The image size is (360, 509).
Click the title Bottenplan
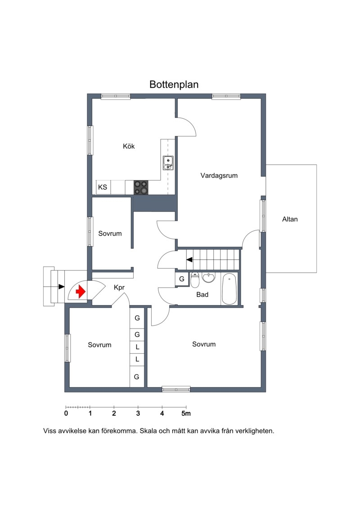click(174, 85)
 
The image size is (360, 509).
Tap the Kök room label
click(129, 146)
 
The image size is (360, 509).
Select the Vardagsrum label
click(219, 176)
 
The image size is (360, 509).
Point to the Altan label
click(290, 219)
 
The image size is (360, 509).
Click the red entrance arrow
click(81, 292)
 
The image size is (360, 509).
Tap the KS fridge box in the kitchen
click(103, 187)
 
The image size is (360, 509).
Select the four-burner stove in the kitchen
click(141, 188)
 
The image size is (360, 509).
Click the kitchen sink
click(168, 163)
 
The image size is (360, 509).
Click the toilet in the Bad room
click(195, 280)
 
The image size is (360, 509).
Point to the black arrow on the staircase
click(189, 259)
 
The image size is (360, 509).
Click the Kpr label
click(119, 288)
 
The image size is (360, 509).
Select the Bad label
click(202, 295)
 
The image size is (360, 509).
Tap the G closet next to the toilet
click(182, 279)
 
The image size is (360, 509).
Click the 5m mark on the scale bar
click(186, 414)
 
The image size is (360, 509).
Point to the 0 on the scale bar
click(66, 414)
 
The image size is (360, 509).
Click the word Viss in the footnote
click(49, 431)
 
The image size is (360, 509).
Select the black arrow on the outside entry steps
click(61, 287)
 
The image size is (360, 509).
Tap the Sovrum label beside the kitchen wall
click(110, 234)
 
